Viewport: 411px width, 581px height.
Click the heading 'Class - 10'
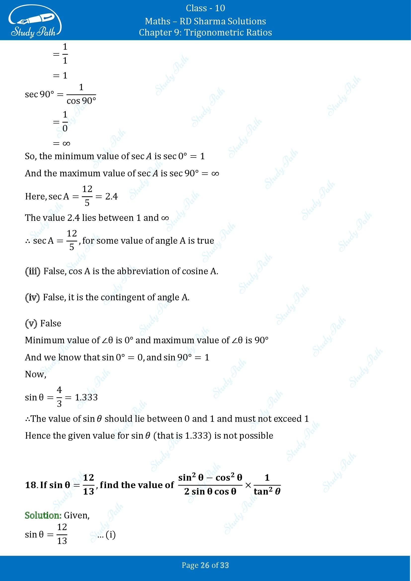(x=205, y=8)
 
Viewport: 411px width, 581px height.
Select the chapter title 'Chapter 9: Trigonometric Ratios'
(x=205, y=32)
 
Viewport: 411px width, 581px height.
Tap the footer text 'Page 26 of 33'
(x=205, y=565)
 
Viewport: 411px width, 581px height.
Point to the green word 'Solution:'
(x=43, y=515)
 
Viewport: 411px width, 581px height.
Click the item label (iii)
(x=33, y=271)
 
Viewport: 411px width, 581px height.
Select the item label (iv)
(x=32, y=297)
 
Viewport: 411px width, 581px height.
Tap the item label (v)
(x=31, y=323)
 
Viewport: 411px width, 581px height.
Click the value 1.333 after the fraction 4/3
(x=86, y=397)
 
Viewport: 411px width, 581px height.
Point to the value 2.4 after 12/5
(x=111, y=196)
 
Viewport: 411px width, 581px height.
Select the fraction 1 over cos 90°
(x=81, y=94)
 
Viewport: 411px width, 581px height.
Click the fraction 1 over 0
(x=65, y=122)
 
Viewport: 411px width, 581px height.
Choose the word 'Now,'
(x=36, y=374)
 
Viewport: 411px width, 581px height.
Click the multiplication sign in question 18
(x=248, y=485)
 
